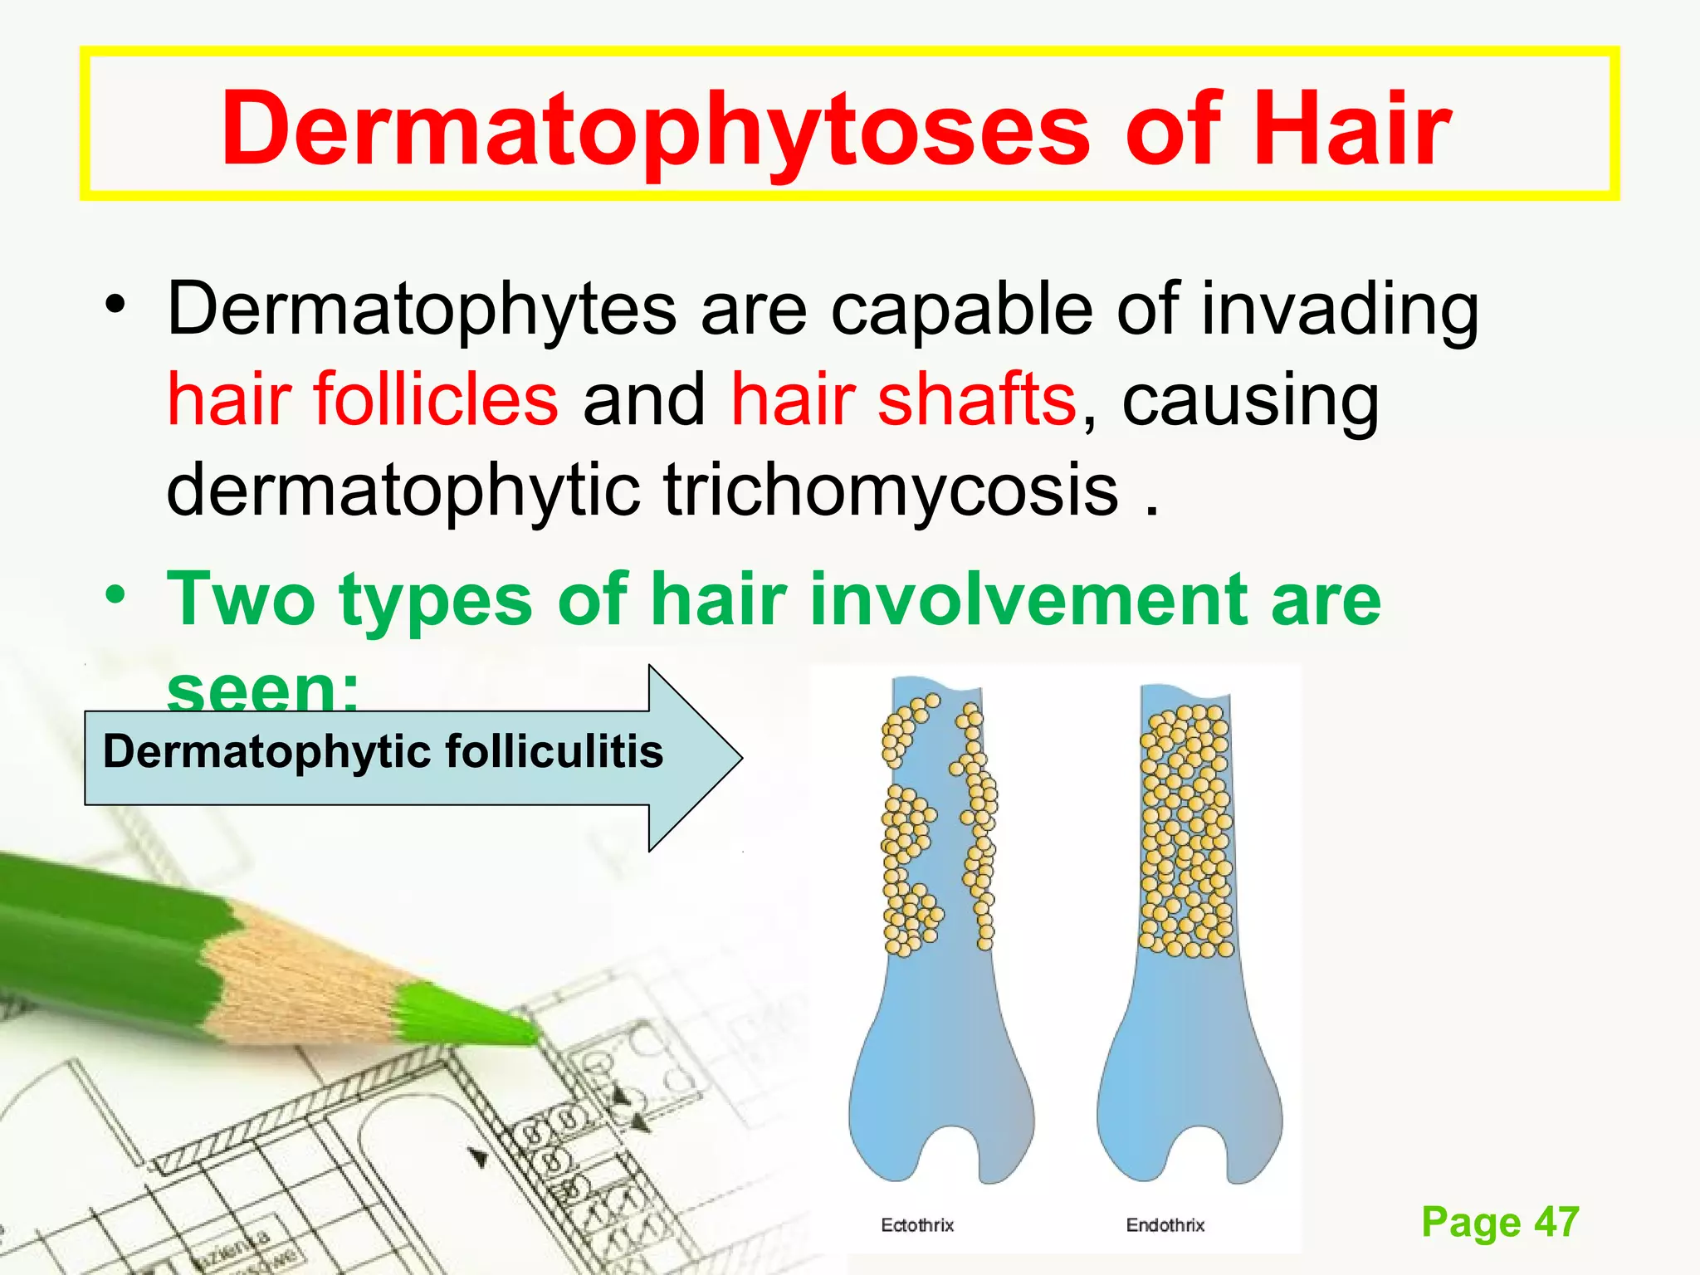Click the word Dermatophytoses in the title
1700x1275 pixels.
[x=654, y=131]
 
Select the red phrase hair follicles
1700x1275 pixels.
[x=363, y=399]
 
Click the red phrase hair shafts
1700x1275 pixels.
[x=903, y=399]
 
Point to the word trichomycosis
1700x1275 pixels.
[x=891, y=490]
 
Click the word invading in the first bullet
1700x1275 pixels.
[x=1340, y=309]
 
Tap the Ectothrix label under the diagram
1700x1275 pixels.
[x=917, y=1225]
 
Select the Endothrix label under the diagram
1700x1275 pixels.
[x=1165, y=1225]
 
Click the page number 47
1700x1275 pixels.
[x=1556, y=1223]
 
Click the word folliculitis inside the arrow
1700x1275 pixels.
[x=554, y=752]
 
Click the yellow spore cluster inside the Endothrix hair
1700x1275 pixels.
[x=1185, y=830]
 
